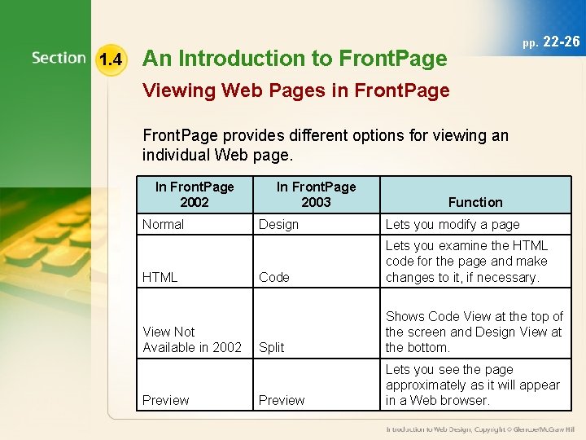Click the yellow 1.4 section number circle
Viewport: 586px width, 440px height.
110,59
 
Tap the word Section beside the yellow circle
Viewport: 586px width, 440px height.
59,59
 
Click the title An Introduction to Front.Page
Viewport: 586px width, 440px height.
295,59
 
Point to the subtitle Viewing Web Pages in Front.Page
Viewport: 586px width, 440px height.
295,90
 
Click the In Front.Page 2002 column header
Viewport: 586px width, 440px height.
195,194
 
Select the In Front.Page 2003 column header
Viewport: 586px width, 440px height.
316,194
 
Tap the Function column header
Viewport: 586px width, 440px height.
475,202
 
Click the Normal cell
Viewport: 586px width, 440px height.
164,224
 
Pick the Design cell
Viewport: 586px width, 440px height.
278,224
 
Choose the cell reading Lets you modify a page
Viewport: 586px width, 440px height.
453,224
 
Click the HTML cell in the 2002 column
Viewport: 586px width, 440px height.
160,277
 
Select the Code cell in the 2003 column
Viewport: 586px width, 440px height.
273,277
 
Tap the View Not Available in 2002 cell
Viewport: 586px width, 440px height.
192,339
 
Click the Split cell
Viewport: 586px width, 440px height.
271,347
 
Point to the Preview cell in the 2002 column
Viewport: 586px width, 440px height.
165,400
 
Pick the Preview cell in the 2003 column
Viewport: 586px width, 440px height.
282,400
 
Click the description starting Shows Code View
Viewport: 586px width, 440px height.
474,332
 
